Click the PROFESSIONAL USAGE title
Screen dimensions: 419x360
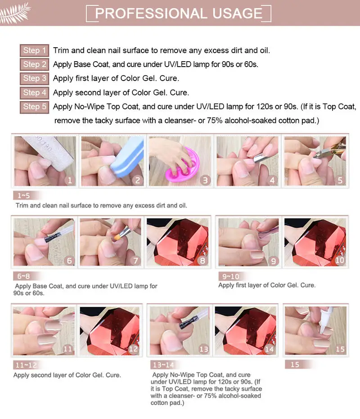point(179,13)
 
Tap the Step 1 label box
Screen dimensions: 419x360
point(35,50)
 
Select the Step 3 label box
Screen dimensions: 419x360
point(35,78)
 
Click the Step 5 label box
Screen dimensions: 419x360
point(35,107)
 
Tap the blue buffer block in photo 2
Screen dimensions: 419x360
point(127,155)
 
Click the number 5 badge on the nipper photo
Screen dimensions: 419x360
point(340,180)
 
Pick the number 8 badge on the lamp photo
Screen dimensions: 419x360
point(202,261)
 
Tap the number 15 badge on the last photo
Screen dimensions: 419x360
point(340,349)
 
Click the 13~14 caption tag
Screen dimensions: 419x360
point(163,365)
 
